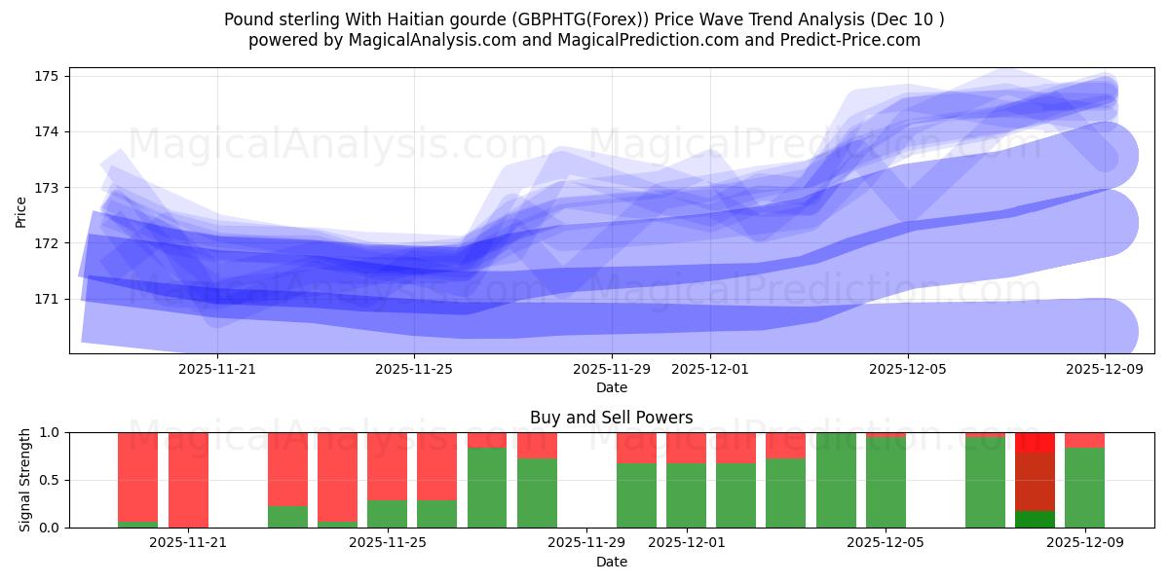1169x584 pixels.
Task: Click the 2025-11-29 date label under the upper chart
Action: (612, 369)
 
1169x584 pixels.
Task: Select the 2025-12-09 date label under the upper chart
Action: (1105, 369)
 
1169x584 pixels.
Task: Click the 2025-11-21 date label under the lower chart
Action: (188, 543)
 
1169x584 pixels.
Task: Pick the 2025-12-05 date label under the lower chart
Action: (886, 543)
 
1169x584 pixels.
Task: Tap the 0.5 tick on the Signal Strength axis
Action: (50, 480)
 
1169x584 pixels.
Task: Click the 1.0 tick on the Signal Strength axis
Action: (50, 432)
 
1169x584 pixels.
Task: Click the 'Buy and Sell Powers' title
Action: (611, 418)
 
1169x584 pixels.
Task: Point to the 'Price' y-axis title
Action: (21, 210)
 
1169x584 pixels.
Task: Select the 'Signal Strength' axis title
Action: (25, 480)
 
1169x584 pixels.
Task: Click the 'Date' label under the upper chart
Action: (611, 387)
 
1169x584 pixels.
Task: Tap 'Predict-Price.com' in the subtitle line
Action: (853, 40)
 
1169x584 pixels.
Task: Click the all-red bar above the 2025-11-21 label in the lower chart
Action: (188, 480)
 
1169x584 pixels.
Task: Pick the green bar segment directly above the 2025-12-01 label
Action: (687, 495)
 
